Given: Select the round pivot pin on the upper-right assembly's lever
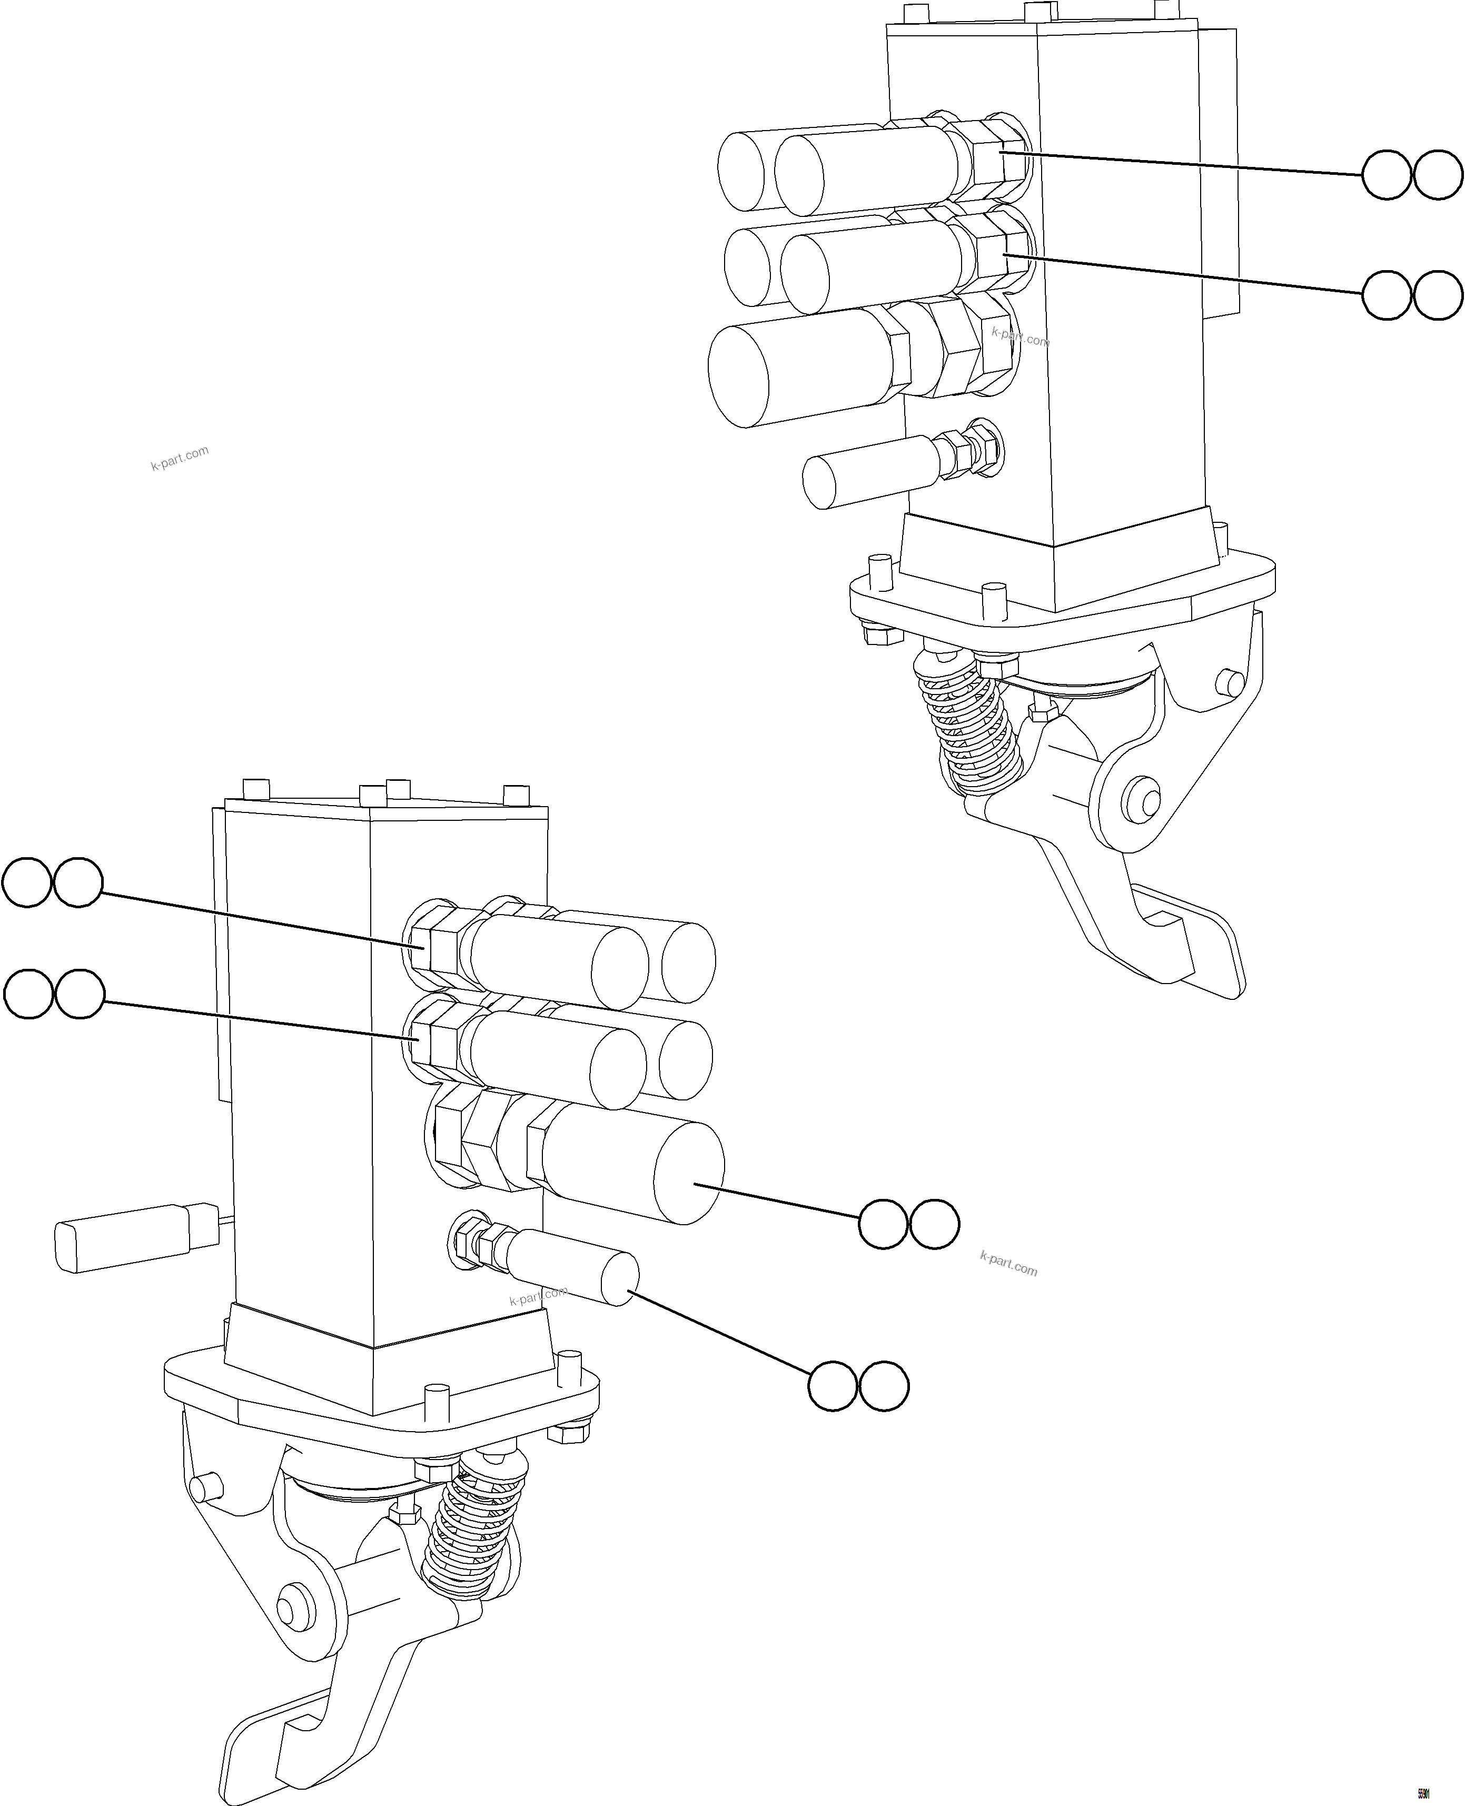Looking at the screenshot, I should click(1143, 798).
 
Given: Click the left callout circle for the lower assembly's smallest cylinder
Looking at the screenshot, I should click(833, 1386).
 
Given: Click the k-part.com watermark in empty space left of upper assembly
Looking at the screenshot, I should click(180, 458).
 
